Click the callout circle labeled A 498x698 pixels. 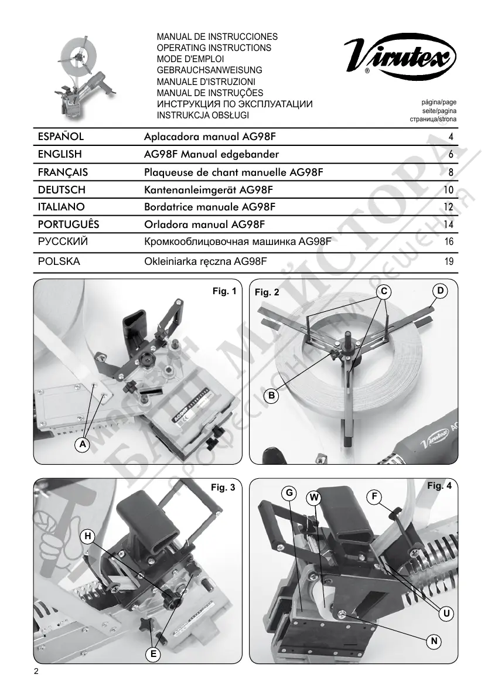click(83, 445)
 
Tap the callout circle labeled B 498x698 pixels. click(271, 397)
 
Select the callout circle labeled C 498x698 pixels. click(383, 291)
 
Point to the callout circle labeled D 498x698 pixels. click(439, 290)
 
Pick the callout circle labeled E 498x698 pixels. click(154, 653)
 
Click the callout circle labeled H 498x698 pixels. click(87, 535)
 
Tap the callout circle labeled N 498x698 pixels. click(433, 642)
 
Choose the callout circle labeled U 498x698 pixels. click(446, 614)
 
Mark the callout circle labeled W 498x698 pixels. click(315, 498)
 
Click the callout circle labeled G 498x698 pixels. click(289, 493)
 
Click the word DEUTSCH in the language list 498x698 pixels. click(62, 189)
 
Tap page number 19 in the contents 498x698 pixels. click(449, 262)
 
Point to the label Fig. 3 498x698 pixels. click(223, 487)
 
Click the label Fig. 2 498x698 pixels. click(267, 292)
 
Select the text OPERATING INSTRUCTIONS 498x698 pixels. click(214, 47)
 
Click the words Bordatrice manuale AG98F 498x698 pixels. click(210, 207)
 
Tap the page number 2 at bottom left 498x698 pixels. click(37, 672)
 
